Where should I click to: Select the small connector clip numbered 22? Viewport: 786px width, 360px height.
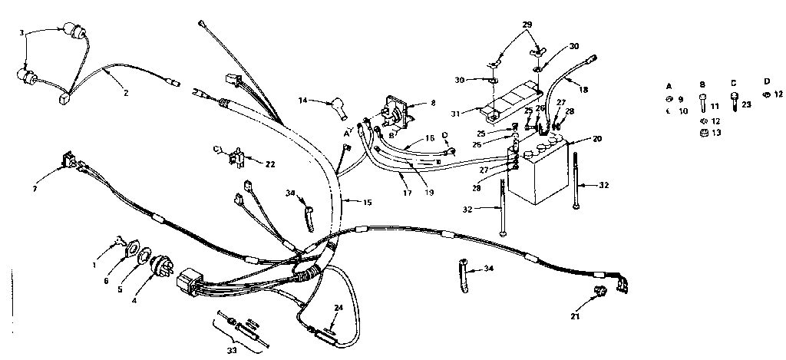coord(233,159)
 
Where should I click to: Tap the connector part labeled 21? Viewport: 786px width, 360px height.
coord(603,291)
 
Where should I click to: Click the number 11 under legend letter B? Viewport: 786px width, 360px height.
coord(714,107)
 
